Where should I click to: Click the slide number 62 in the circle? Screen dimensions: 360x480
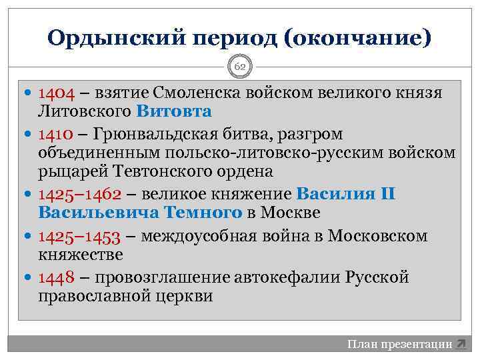coord(239,67)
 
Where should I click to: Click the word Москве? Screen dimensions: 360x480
coord(291,213)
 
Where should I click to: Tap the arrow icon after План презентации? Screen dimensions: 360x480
coord(461,345)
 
